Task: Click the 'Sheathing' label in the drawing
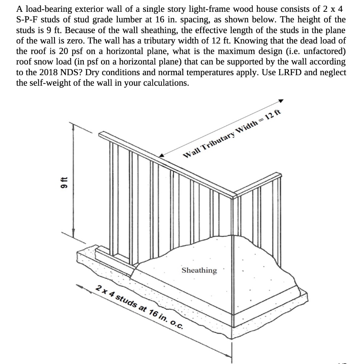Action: coord(199,271)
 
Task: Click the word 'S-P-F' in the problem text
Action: coord(27,19)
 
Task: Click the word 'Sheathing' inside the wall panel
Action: coord(199,271)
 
